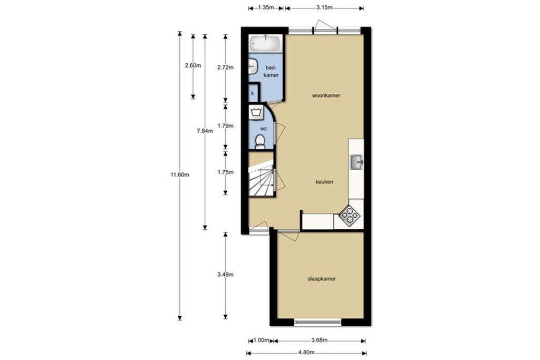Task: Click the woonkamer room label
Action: [325, 96]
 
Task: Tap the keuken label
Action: [324, 182]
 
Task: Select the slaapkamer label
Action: [322, 279]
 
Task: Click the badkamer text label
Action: [271, 72]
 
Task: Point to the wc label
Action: [263, 129]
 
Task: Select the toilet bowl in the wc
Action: [259, 141]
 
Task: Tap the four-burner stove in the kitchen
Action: [349, 215]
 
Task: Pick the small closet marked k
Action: [253, 93]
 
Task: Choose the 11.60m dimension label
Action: [180, 175]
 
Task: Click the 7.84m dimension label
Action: [205, 131]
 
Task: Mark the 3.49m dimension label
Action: [226, 275]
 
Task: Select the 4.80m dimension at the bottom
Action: [306, 353]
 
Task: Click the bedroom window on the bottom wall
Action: [317, 322]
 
